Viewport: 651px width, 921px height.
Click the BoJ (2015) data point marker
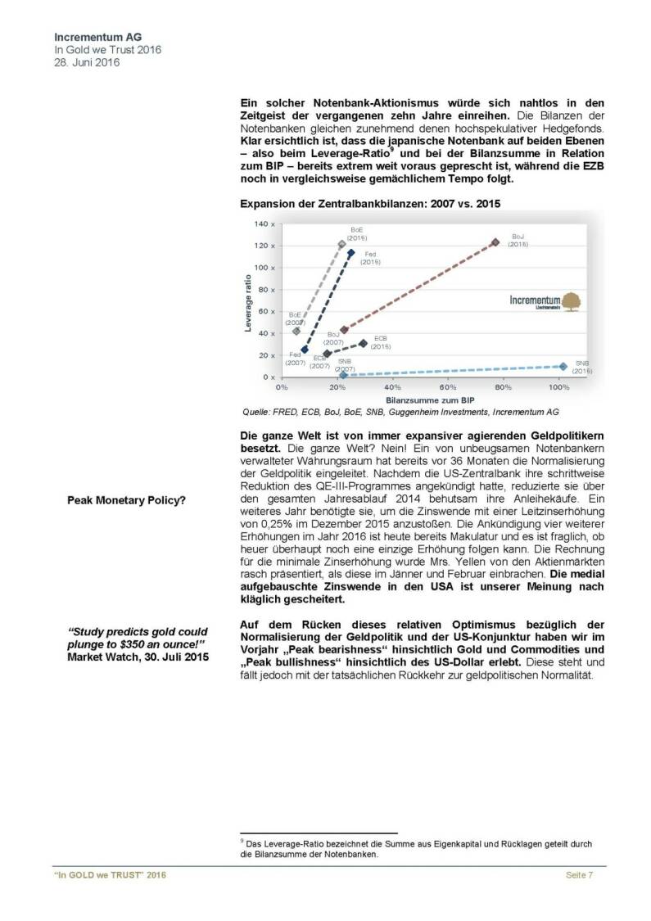[495, 242]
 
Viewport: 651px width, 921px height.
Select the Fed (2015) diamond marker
[351, 253]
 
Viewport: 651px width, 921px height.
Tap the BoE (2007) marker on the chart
[296, 331]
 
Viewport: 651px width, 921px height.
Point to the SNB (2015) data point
[563, 366]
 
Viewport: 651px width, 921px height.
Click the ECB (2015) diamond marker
[363, 343]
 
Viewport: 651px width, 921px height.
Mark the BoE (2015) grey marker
[342, 244]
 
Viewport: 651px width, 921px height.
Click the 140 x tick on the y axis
[264, 223]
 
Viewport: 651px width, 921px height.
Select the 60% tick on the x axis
[448, 387]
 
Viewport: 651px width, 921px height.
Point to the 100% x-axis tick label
[558, 387]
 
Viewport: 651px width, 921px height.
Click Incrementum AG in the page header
[94, 38]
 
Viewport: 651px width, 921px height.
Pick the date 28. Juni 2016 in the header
[86, 62]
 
